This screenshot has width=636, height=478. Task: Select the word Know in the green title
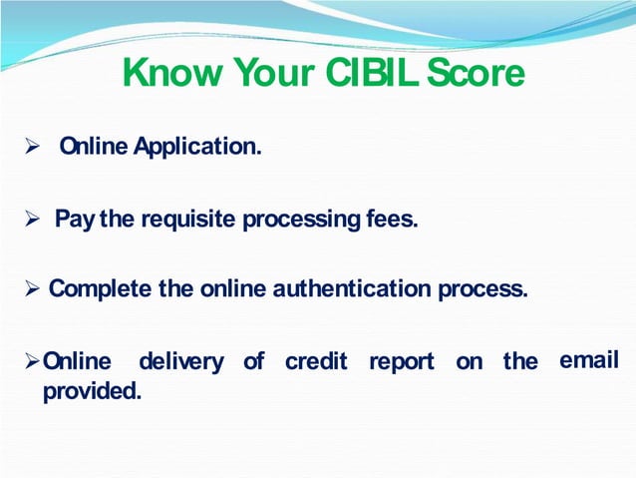pos(172,73)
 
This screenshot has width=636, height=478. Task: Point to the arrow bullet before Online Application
pos(31,149)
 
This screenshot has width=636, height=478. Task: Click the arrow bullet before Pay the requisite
pos(31,219)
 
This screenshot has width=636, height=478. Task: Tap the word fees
pos(391,219)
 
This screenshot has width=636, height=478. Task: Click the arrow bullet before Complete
pos(31,290)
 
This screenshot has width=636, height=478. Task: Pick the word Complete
pos(100,289)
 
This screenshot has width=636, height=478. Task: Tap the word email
pos(589,360)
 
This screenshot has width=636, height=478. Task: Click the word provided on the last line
pos(91,392)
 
